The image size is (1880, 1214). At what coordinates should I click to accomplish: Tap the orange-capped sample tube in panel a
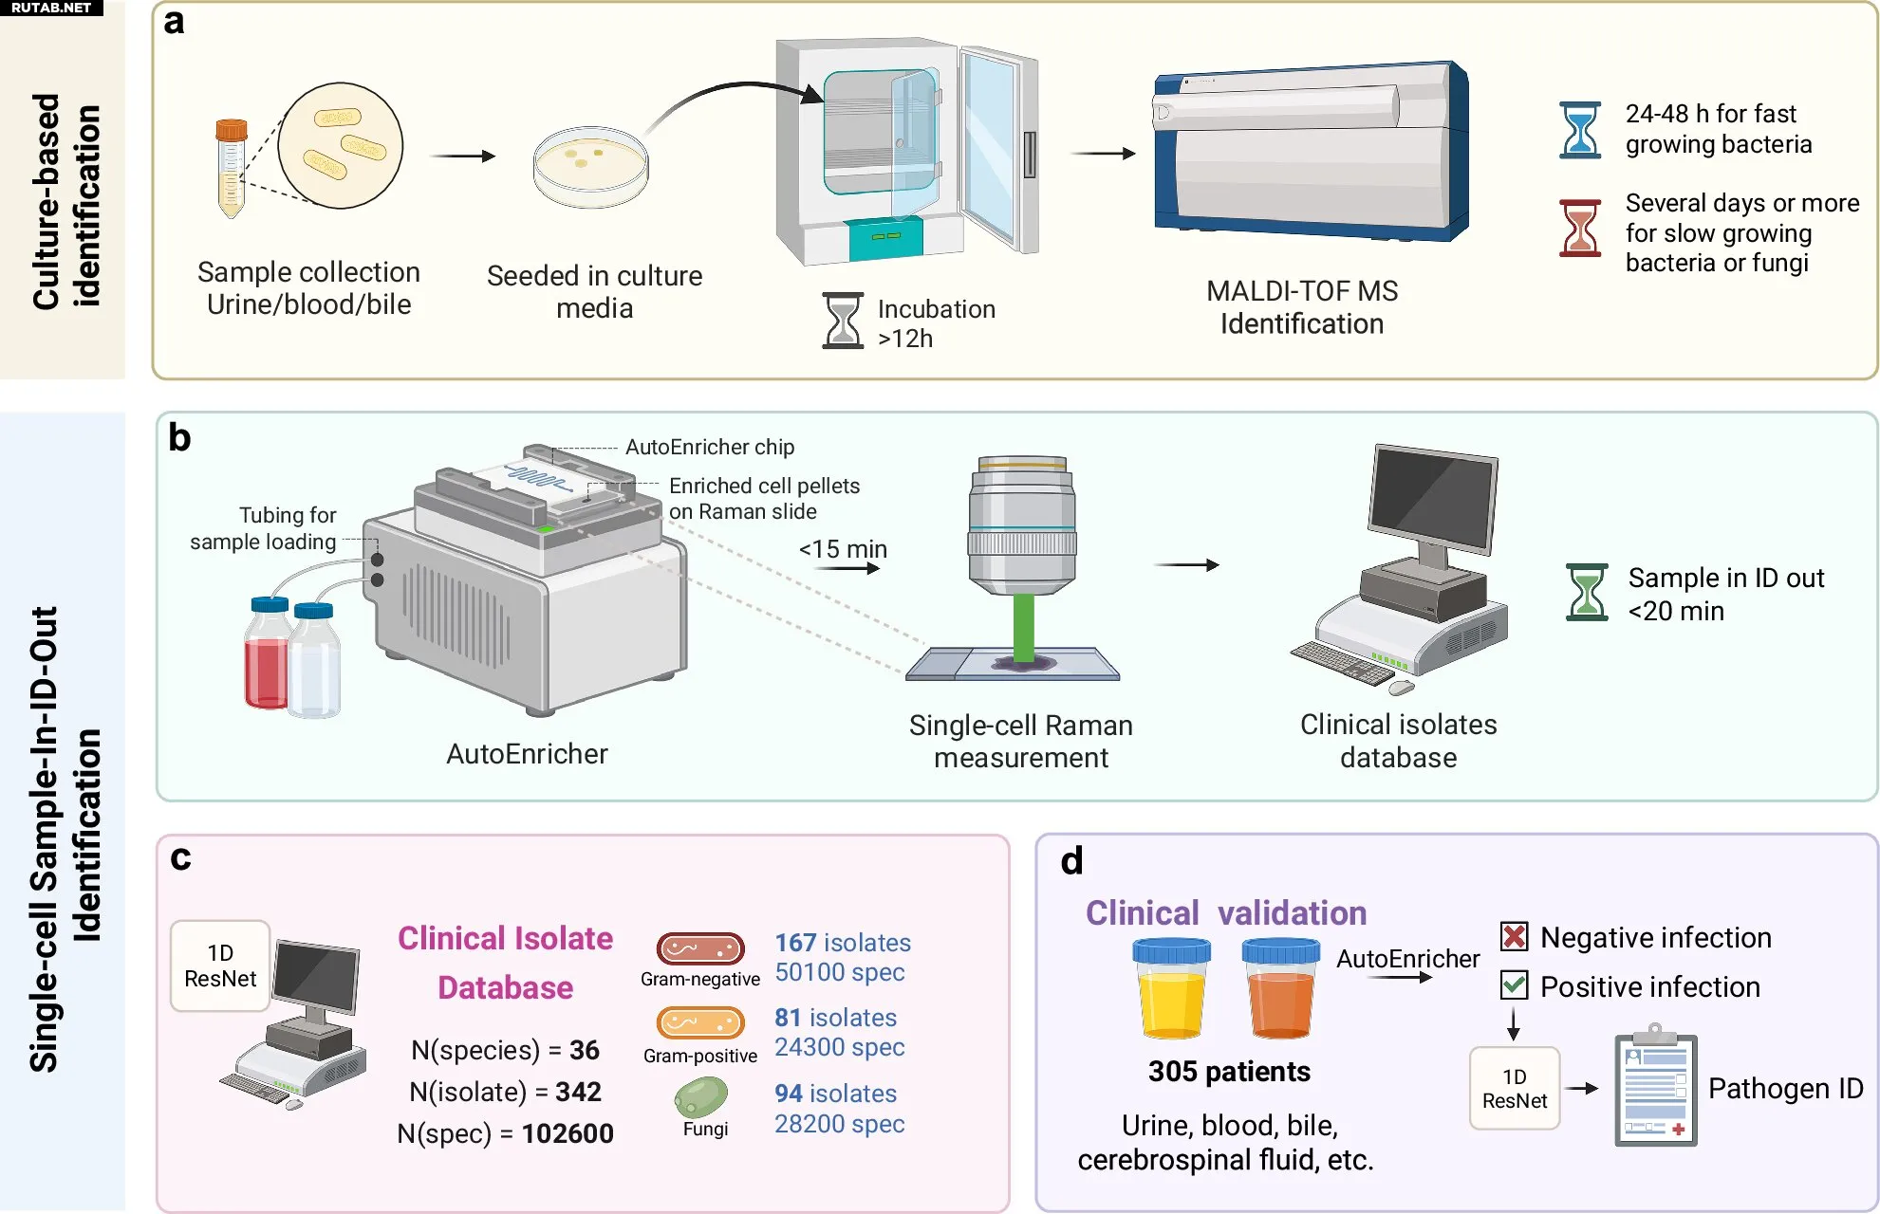click(231, 168)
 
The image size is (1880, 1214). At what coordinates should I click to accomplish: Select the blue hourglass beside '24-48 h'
click(1580, 130)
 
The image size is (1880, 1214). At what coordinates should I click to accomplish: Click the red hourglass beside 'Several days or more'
click(1580, 228)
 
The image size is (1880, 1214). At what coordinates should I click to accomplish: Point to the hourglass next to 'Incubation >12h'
click(843, 321)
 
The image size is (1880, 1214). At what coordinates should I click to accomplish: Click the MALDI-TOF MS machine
click(1311, 153)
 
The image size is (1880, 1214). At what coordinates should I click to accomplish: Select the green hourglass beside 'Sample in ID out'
click(1587, 593)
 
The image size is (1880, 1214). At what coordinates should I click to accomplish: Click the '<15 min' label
click(843, 549)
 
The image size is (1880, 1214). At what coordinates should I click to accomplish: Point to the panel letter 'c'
click(180, 857)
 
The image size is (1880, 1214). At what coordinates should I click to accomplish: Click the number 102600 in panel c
click(568, 1133)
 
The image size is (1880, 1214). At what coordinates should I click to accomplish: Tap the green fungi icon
click(700, 1097)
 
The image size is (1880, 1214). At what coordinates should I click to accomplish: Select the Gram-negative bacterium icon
click(700, 948)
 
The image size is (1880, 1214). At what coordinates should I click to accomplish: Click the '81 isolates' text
click(835, 1018)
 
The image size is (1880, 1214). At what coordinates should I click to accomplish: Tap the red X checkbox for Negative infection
click(1515, 937)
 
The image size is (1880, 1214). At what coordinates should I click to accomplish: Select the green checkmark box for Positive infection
click(1515, 985)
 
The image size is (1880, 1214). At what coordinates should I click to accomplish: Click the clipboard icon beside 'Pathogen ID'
click(1656, 1085)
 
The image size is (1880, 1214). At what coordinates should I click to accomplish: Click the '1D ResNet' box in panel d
click(1515, 1089)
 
